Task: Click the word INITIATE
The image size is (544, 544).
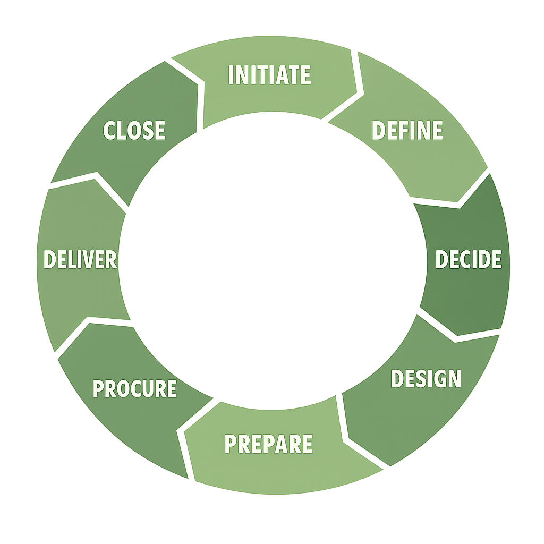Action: [x=269, y=75]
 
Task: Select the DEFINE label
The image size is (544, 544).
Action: [x=407, y=131]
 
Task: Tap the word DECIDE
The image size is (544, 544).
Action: [x=468, y=259]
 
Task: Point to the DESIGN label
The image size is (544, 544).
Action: [x=426, y=378]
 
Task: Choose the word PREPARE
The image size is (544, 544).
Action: [x=268, y=444]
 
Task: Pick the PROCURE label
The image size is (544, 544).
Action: [x=134, y=389]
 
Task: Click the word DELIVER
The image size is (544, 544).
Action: [x=80, y=260]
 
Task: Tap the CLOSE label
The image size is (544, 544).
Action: [x=134, y=131]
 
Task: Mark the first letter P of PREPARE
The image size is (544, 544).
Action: [x=231, y=444]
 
